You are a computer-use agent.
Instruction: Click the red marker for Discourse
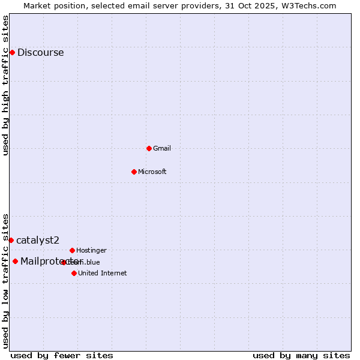(12, 52)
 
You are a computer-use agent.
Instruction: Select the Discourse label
(40, 53)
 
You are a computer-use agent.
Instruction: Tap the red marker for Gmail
(149, 148)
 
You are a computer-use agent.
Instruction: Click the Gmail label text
(162, 149)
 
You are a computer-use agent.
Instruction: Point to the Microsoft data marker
(134, 172)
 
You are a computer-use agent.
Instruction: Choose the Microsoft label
(152, 172)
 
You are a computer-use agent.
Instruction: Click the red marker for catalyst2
(11, 240)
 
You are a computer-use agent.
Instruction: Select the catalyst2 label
(38, 241)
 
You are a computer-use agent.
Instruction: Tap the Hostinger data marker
(72, 250)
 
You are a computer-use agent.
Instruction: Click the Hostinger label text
(91, 250)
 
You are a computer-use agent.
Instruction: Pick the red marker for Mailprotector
(15, 261)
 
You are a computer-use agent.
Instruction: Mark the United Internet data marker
(74, 273)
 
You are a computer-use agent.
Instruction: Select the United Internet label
(102, 274)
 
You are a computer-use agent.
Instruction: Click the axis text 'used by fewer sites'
(62, 355)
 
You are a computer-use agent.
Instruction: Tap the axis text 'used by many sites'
(301, 355)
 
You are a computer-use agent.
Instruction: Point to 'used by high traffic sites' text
(6, 85)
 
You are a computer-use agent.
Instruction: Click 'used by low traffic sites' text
(6, 280)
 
